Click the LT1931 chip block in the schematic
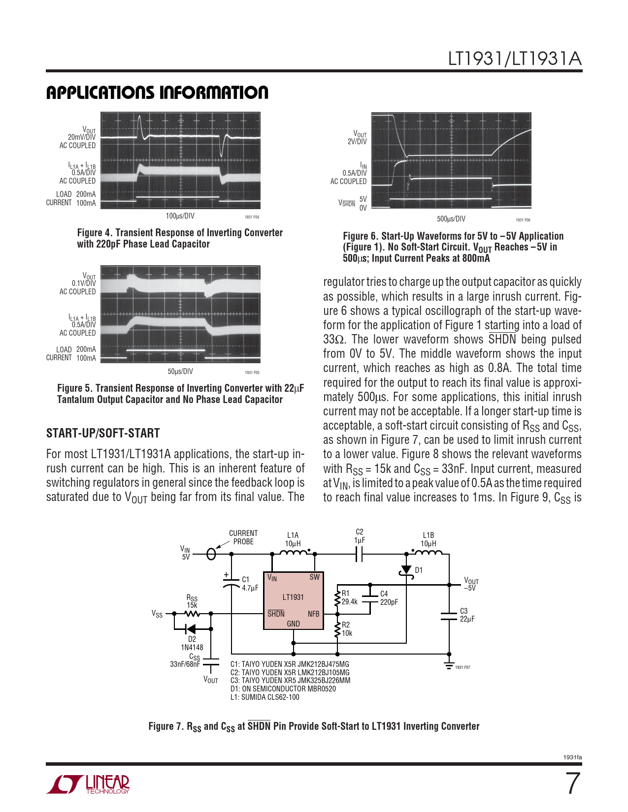click(294, 600)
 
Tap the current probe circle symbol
click(211, 554)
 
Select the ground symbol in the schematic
click(449, 665)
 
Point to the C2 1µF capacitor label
click(360, 536)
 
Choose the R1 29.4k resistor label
click(350, 597)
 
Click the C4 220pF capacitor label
click(389, 598)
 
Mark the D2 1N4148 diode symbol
click(190, 628)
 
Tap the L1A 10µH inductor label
click(293, 539)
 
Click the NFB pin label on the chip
click(313, 614)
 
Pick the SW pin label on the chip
click(314, 577)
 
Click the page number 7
click(572, 783)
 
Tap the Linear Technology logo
click(89, 784)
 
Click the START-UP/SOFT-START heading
click(103, 433)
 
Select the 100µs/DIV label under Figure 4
click(180, 216)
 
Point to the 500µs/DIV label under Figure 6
click(451, 219)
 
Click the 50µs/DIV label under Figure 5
click(180, 372)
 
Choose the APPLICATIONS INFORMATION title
click(157, 93)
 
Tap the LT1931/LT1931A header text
click(514, 59)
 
